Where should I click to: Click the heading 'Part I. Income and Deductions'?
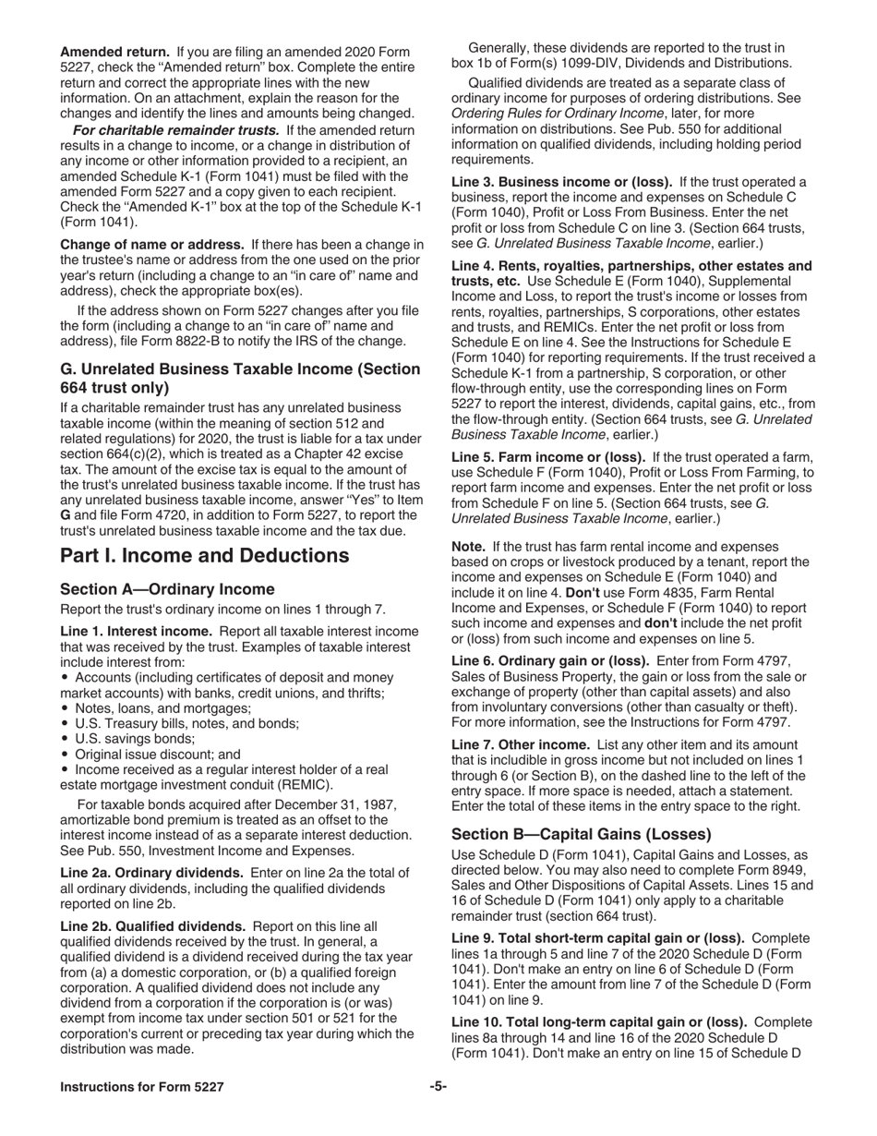204,555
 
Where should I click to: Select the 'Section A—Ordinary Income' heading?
167,589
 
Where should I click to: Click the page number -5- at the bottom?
438,1087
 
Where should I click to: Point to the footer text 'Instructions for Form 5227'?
142,1087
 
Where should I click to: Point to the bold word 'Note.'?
468,547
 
